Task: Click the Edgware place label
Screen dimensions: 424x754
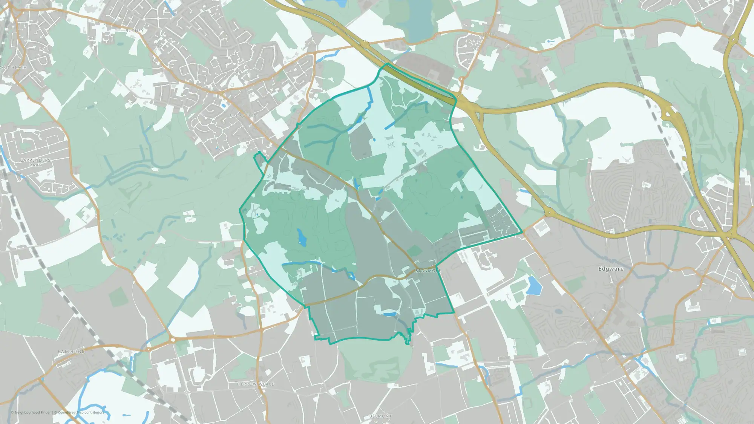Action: click(x=611, y=269)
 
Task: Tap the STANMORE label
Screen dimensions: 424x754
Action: click(x=428, y=271)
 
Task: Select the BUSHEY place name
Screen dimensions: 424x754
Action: click(x=135, y=31)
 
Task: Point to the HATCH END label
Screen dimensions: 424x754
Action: click(x=71, y=351)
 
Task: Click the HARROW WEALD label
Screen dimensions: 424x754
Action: click(x=256, y=384)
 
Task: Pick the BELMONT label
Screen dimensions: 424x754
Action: click(x=380, y=416)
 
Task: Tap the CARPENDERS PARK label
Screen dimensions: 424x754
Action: click(x=35, y=162)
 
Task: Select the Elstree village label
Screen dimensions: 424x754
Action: click(x=487, y=34)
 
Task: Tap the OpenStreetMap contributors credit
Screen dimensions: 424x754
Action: click(x=81, y=412)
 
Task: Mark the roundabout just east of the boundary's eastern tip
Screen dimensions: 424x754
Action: click(x=549, y=213)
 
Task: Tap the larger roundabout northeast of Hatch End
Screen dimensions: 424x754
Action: click(x=173, y=340)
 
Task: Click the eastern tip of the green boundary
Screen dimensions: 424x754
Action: click(x=522, y=233)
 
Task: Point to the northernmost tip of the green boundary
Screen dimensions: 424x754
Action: click(x=387, y=64)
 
